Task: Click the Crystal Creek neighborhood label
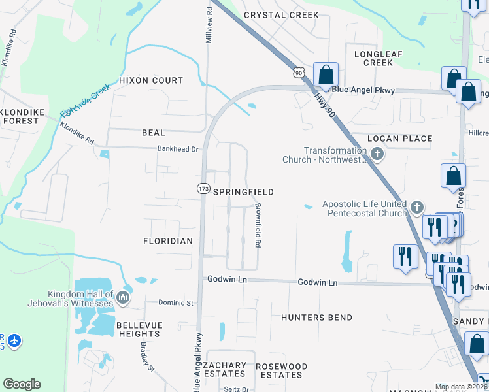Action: pyautogui.click(x=281, y=15)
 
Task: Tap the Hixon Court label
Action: pyautogui.click(x=151, y=80)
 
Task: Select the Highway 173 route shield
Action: pyautogui.click(x=203, y=188)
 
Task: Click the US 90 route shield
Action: pyautogui.click(x=299, y=73)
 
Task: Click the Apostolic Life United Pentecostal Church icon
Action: pyautogui.click(x=416, y=208)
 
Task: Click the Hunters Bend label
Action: pyautogui.click(x=317, y=318)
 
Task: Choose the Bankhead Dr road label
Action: pyautogui.click(x=177, y=149)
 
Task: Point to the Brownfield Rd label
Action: pyautogui.click(x=258, y=225)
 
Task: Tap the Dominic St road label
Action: pyautogui.click(x=177, y=303)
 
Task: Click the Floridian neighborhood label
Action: pyautogui.click(x=168, y=241)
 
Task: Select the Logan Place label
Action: pyautogui.click(x=399, y=139)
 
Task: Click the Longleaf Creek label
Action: pyautogui.click(x=378, y=58)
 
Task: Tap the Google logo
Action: pyautogui.click(x=22, y=384)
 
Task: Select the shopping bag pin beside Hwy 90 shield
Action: pyautogui.click(x=325, y=73)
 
